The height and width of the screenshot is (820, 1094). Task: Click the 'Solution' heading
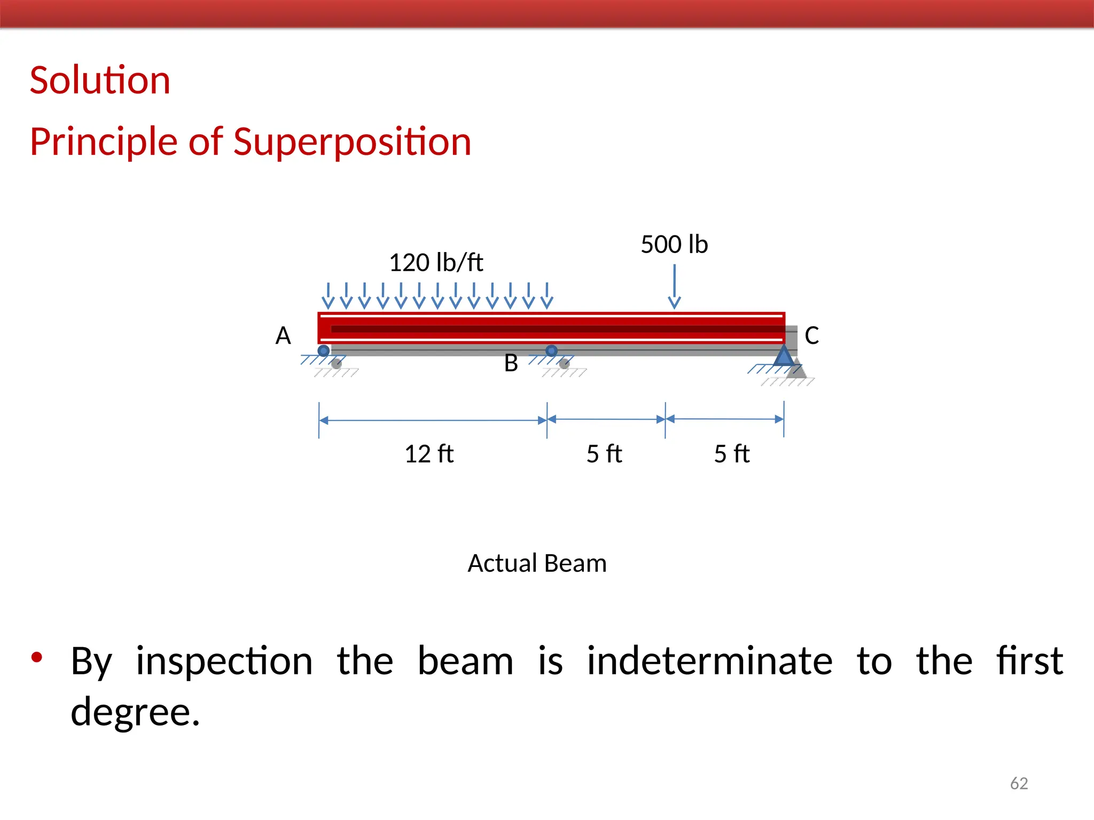(x=100, y=81)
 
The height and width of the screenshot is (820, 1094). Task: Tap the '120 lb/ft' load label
(x=436, y=263)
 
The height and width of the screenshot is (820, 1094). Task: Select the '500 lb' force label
(x=674, y=245)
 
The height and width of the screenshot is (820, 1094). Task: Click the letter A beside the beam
(x=283, y=336)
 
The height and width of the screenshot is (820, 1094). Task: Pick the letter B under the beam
(x=511, y=364)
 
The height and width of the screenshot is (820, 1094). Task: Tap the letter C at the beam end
(x=811, y=336)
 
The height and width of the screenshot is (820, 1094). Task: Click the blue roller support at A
(x=324, y=351)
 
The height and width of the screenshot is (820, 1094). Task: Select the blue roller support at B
(x=552, y=351)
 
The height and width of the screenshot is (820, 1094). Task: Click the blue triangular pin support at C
(x=784, y=356)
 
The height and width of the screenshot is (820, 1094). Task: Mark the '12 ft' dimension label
(x=429, y=454)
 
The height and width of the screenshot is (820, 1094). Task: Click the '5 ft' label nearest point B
(x=604, y=454)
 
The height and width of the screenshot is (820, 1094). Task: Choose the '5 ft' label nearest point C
(x=732, y=454)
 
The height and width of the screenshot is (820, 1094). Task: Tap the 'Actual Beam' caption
(x=537, y=564)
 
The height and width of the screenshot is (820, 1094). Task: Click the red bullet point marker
(x=36, y=657)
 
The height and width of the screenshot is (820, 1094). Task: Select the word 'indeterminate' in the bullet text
(x=709, y=661)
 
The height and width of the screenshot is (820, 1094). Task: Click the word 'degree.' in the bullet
(x=135, y=712)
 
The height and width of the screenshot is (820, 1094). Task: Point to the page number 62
(x=1019, y=783)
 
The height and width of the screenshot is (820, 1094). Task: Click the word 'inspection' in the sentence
(x=224, y=661)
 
